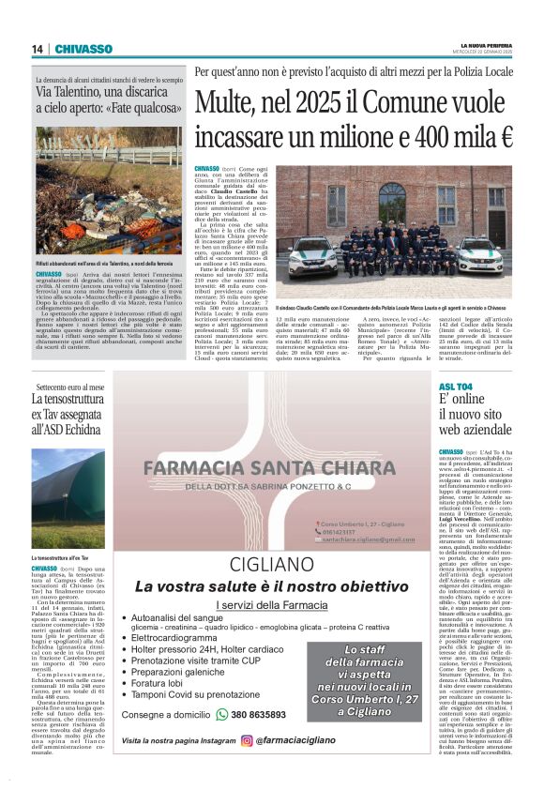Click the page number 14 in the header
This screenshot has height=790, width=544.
(38, 49)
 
